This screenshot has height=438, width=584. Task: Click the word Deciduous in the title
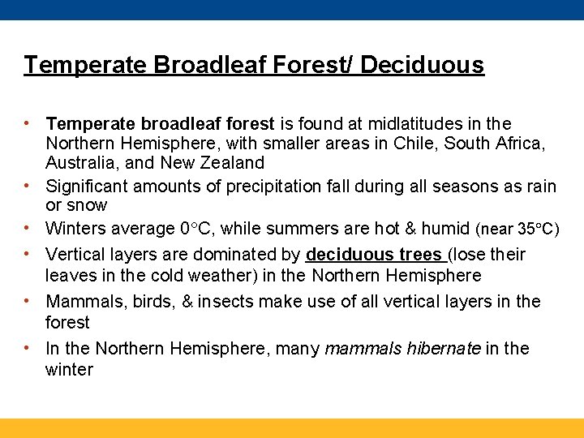[x=423, y=65]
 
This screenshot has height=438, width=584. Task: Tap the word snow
[x=88, y=206]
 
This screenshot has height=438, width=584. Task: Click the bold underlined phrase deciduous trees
[x=372, y=255]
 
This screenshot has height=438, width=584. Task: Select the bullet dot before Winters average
[x=28, y=228]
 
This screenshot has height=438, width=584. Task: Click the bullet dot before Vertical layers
[x=28, y=253]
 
